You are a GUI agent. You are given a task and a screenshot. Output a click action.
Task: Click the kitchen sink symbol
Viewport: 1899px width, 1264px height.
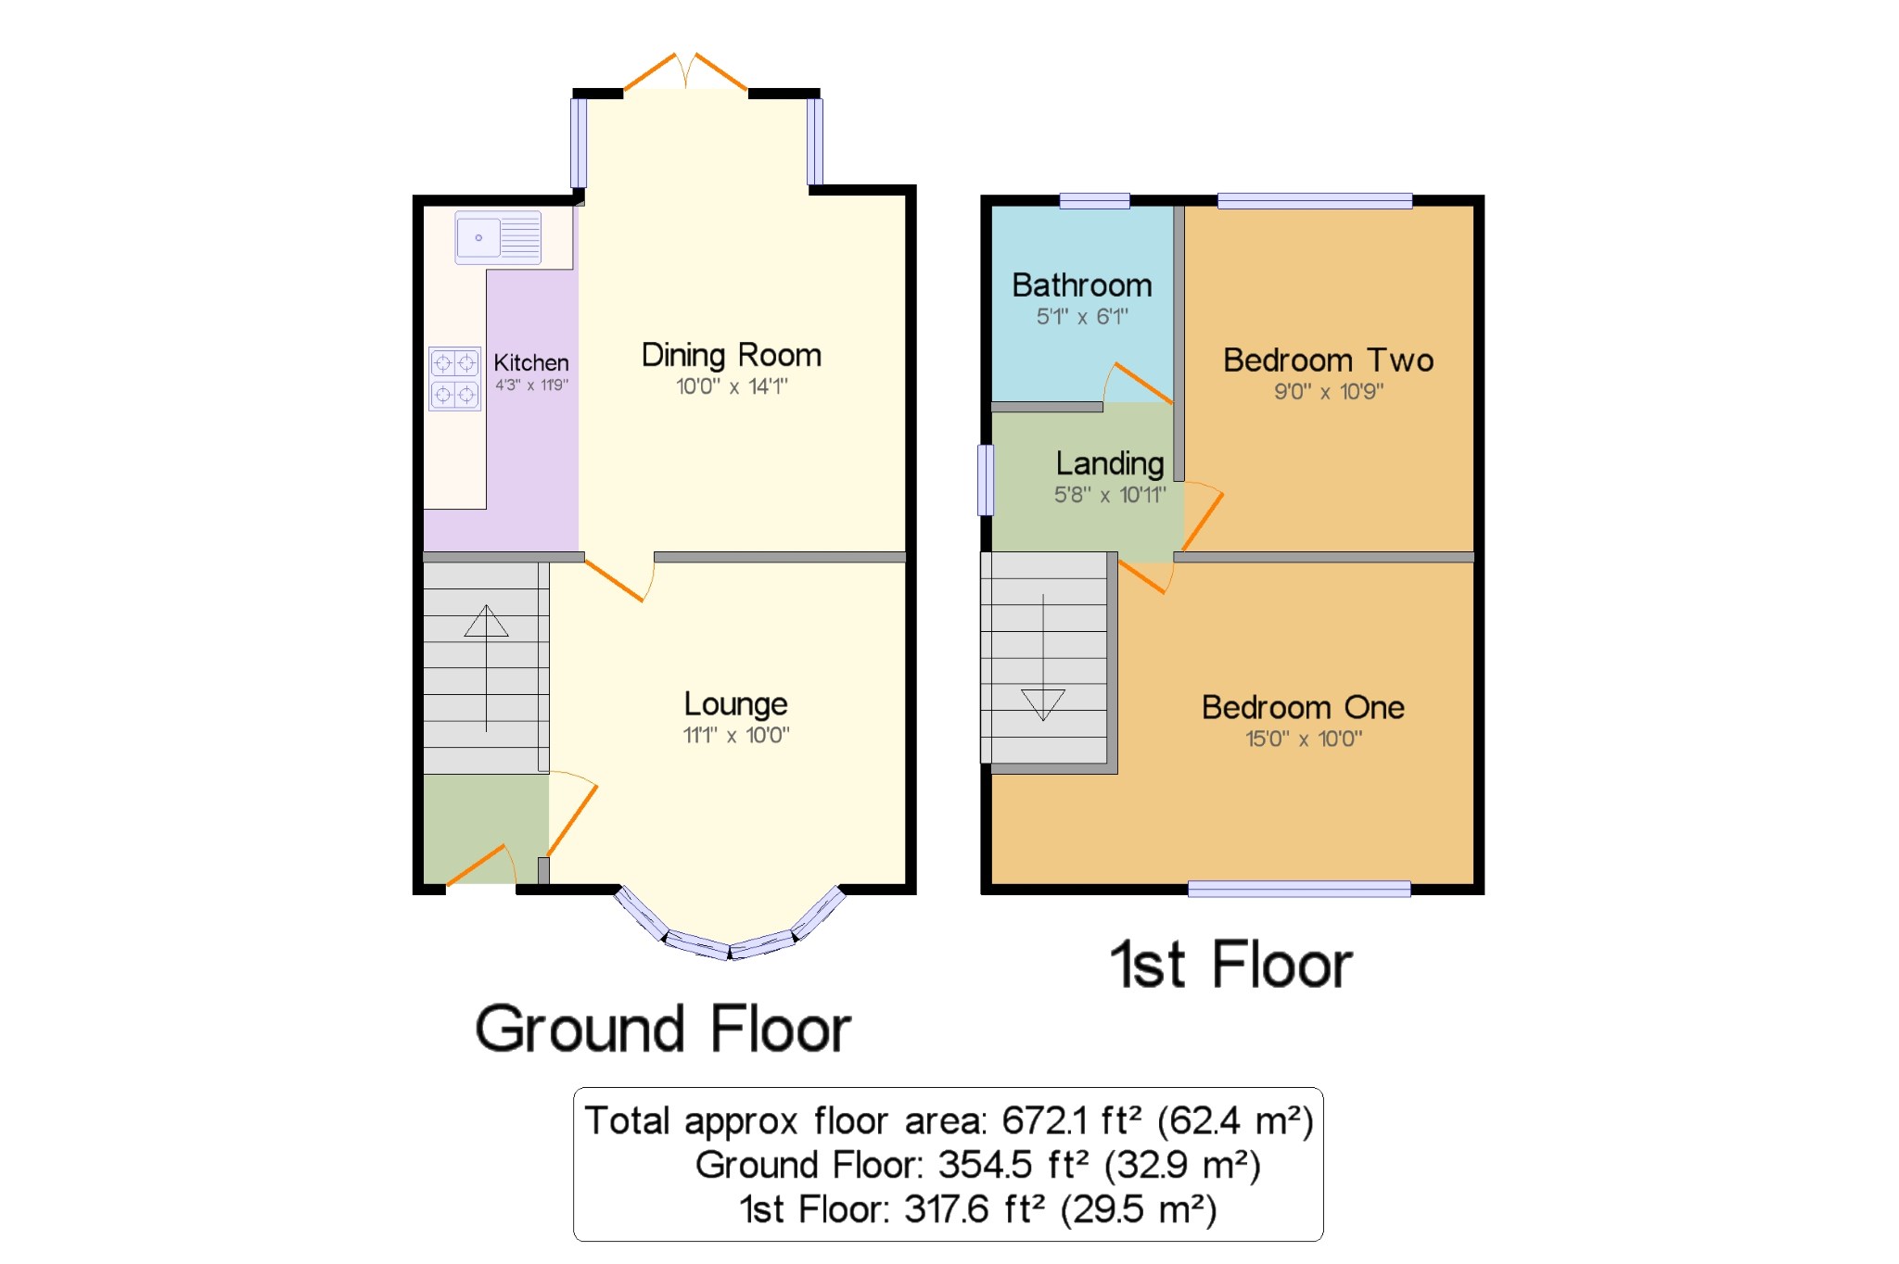(498, 237)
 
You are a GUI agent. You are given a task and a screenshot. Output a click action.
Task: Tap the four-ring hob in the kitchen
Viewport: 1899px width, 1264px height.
(454, 378)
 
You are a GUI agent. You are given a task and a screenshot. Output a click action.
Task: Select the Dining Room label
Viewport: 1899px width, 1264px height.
(731, 355)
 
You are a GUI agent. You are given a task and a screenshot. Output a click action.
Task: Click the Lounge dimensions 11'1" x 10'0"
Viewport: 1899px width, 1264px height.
(736, 736)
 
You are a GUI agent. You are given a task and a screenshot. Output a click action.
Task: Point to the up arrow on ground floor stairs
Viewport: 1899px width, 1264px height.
(486, 621)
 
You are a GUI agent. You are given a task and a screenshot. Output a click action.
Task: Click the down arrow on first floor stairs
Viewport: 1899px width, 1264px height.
(1042, 704)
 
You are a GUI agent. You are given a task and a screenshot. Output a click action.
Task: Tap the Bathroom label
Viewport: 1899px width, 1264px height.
(1081, 285)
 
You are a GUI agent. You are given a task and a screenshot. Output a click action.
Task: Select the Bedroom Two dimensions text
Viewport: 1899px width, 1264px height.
(1328, 392)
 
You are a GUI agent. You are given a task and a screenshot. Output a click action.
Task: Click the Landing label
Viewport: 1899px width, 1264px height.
(1109, 463)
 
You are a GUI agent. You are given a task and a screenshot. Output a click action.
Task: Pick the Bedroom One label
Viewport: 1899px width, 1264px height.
(1302, 708)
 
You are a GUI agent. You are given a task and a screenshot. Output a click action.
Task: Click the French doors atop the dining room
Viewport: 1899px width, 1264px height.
(685, 71)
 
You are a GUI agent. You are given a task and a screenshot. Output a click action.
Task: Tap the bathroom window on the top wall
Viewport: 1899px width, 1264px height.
(1094, 200)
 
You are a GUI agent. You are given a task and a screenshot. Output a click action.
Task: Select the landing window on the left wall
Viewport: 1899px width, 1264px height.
(986, 479)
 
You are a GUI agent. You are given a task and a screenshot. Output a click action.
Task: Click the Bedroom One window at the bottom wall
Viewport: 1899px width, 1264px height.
(1298, 890)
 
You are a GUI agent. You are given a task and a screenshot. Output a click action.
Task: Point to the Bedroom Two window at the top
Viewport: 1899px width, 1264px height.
(1314, 200)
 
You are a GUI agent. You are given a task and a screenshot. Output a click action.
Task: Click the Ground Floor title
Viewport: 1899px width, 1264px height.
(662, 1029)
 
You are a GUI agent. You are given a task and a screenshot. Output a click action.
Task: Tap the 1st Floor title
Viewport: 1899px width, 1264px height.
(1230, 965)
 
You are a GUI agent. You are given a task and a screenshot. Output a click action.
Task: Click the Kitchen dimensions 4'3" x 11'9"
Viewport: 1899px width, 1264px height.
(531, 386)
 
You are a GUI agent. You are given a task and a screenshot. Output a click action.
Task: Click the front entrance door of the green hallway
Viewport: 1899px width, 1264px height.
(479, 866)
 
